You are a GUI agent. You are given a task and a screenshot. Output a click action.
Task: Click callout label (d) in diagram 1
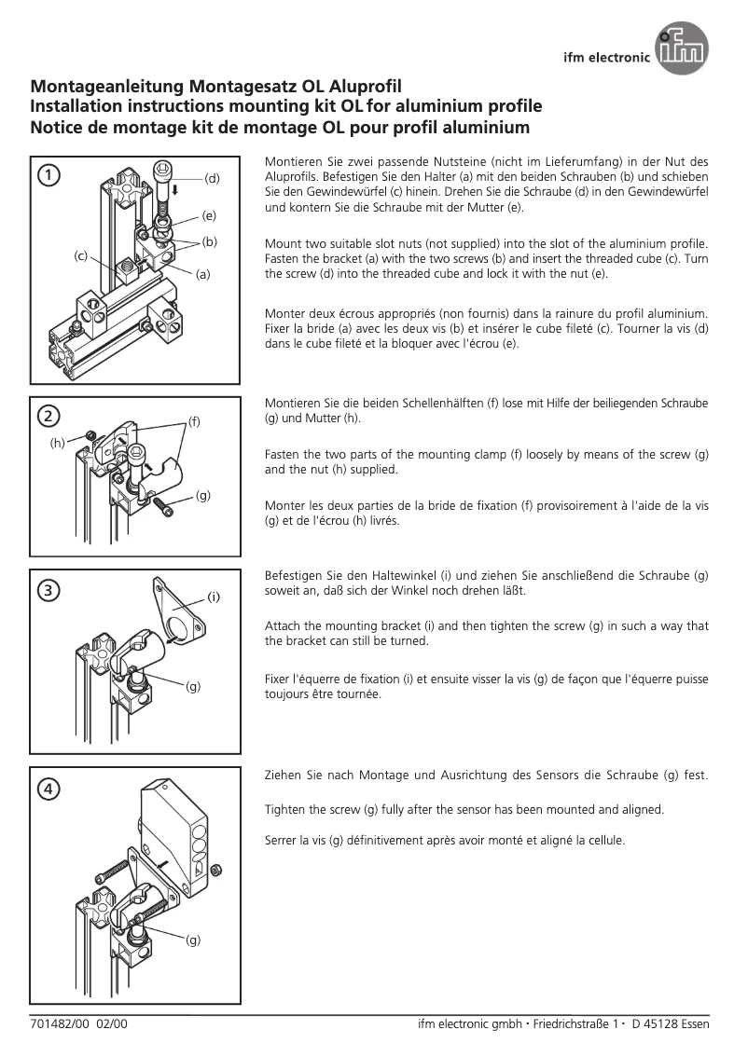[x=212, y=177]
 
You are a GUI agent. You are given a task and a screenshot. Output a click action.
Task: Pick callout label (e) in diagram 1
[x=209, y=215]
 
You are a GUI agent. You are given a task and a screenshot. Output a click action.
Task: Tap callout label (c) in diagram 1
[x=81, y=254]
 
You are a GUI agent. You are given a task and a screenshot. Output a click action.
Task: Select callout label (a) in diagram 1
[x=202, y=274]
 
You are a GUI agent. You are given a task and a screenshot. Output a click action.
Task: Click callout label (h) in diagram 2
[x=58, y=444]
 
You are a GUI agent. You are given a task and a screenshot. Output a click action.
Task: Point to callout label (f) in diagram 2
[x=195, y=420]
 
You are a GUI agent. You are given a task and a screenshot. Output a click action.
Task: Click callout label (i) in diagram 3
[x=213, y=595]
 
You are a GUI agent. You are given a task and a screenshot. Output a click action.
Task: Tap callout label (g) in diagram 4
[x=193, y=940]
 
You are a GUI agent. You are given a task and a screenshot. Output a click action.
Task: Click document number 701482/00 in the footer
[x=59, y=1024]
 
